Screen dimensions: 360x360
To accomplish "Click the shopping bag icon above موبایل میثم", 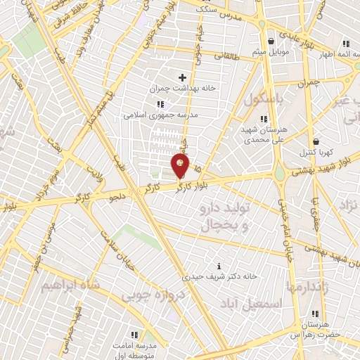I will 271,41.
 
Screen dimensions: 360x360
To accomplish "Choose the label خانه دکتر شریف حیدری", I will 219,277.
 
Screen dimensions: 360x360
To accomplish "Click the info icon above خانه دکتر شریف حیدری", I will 219,265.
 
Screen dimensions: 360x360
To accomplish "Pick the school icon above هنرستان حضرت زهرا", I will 315,314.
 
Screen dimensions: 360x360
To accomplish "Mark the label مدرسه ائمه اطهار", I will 330,54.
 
